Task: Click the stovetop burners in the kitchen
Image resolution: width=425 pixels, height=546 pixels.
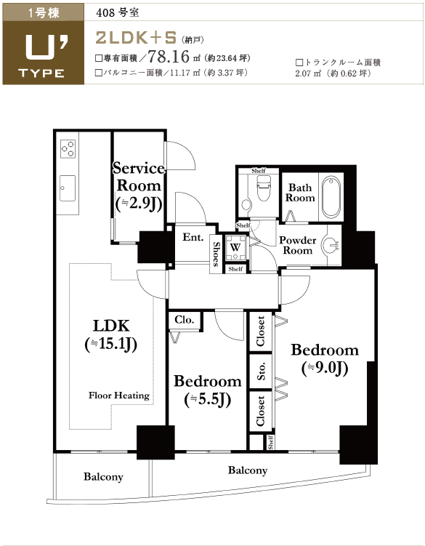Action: click(x=68, y=148)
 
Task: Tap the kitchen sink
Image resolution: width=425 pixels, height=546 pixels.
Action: click(x=67, y=188)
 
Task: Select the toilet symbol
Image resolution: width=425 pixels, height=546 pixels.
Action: click(x=263, y=188)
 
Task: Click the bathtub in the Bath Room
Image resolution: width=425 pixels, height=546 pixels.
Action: click(x=331, y=198)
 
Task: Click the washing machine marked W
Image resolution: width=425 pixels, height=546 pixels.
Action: click(x=235, y=248)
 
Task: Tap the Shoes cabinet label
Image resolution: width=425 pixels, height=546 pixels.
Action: click(x=216, y=254)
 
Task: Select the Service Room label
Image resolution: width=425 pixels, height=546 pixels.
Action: click(x=139, y=186)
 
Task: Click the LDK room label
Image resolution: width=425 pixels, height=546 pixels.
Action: click(x=111, y=334)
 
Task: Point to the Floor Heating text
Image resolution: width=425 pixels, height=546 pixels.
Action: click(x=119, y=396)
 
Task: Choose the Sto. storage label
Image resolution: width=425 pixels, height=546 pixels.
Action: click(x=262, y=371)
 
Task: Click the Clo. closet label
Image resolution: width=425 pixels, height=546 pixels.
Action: click(x=185, y=320)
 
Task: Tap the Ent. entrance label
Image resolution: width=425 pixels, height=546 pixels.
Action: click(x=193, y=237)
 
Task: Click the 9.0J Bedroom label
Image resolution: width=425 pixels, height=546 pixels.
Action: click(x=325, y=359)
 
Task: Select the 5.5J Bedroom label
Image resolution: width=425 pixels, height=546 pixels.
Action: click(x=208, y=390)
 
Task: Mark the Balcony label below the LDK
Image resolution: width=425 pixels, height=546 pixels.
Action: click(x=103, y=477)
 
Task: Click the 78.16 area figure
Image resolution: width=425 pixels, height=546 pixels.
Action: click(x=169, y=57)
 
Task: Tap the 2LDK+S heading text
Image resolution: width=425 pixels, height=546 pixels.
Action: click(x=136, y=38)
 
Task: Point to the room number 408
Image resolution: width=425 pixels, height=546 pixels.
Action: click(x=106, y=13)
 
